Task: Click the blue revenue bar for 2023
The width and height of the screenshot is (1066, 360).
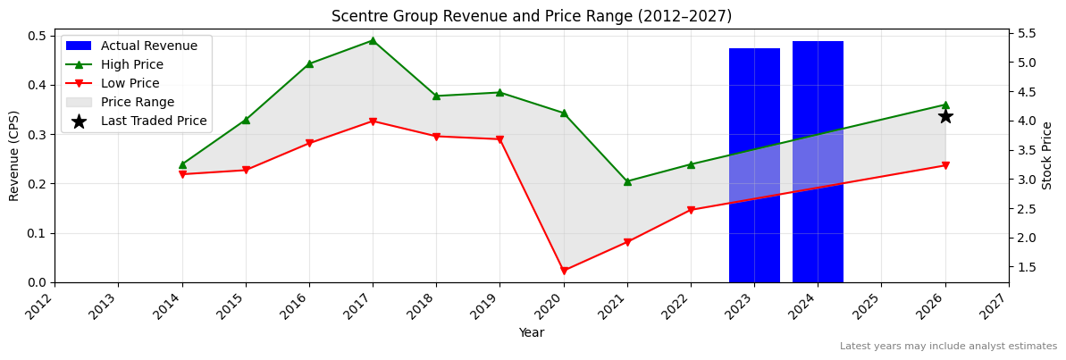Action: click(x=754, y=165)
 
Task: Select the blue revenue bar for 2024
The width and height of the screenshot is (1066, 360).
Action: click(x=818, y=162)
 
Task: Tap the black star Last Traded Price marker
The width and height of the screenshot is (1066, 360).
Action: click(x=945, y=116)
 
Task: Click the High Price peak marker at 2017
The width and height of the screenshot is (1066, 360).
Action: click(x=373, y=40)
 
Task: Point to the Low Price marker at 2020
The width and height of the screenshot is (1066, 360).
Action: click(x=564, y=271)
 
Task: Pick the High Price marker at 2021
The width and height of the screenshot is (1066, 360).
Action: click(x=627, y=181)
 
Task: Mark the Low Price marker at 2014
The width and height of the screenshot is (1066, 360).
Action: click(x=182, y=174)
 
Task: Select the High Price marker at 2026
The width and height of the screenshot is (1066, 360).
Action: click(x=945, y=105)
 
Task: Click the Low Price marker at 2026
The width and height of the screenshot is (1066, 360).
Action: click(x=945, y=165)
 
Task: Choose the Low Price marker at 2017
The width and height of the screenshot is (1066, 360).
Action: click(x=373, y=121)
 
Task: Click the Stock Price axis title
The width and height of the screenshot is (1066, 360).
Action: click(x=1047, y=155)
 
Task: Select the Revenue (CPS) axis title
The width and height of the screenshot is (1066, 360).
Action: click(x=14, y=155)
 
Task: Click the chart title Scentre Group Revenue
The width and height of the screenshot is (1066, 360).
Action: click(x=532, y=16)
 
